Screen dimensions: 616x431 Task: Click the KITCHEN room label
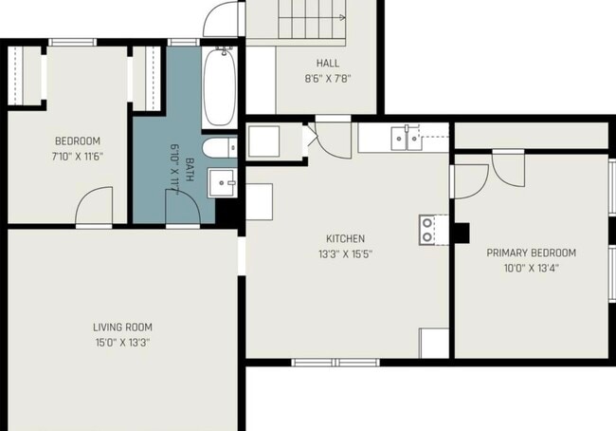[345, 238]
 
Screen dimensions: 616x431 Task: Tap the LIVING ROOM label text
[122, 328]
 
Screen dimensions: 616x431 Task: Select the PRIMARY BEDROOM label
[531, 253]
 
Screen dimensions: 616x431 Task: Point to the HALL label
[328, 63]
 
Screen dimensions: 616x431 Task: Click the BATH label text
[189, 170]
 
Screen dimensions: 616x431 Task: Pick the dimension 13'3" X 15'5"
[345, 254]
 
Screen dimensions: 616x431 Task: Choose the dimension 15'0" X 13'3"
[122, 343]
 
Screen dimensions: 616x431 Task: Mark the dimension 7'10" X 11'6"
[78, 157]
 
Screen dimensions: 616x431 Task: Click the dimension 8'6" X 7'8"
[328, 79]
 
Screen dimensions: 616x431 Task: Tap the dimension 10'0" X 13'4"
[531, 269]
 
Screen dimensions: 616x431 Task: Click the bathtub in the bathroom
[220, 86]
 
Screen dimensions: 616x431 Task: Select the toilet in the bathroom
[220, 147]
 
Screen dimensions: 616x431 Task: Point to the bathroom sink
[223, 182]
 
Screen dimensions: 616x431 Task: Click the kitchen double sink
[406, 138]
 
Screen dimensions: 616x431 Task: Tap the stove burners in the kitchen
[427, 230]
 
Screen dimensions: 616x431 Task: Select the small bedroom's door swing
[94, 205]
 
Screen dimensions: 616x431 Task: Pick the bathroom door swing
[183, 207]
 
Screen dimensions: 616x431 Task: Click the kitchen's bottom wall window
[335, 363]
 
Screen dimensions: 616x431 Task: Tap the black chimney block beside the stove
[462, 233]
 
